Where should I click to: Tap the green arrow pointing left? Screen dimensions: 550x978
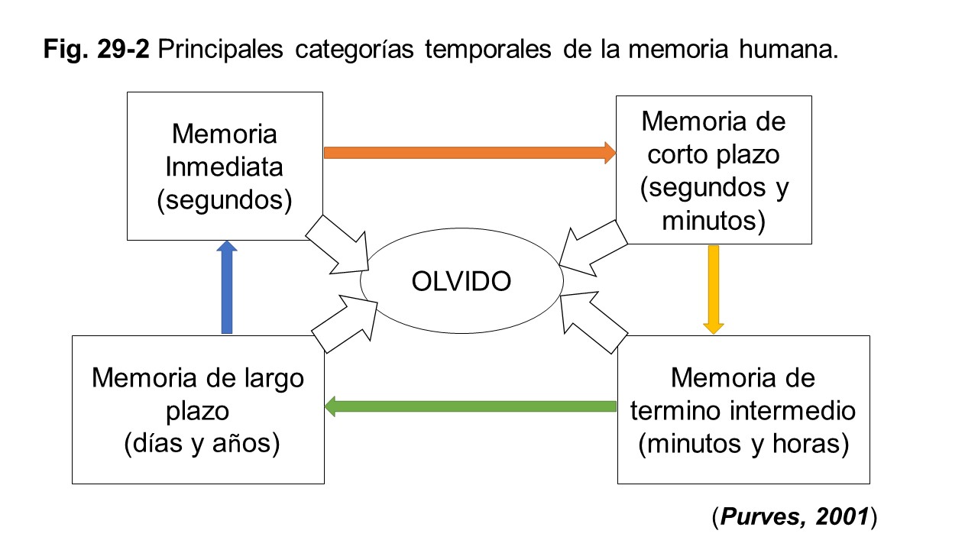470,406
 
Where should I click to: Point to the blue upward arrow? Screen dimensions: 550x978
227,287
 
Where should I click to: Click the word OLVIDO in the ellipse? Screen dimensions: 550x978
461,281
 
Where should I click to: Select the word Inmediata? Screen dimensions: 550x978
225,167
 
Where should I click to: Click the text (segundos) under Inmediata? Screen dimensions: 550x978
225,199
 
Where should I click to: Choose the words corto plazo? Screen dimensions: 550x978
714,154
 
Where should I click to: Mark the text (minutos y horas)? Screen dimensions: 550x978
743,444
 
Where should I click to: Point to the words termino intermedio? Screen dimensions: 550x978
743,411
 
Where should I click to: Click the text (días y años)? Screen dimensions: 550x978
200,444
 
